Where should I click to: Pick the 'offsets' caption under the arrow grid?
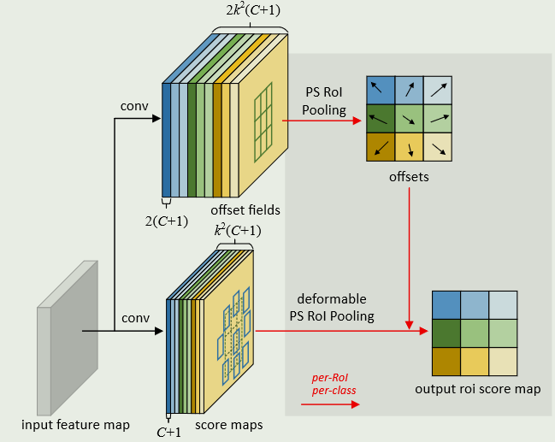click(x=409, y=178)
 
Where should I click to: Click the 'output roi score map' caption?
click(x=477, y=389)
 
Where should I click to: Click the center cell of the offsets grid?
click(x=409, y=118)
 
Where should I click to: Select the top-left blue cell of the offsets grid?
click(x=381, y=90)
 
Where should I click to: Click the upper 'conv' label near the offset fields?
click(x=136, y=107)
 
